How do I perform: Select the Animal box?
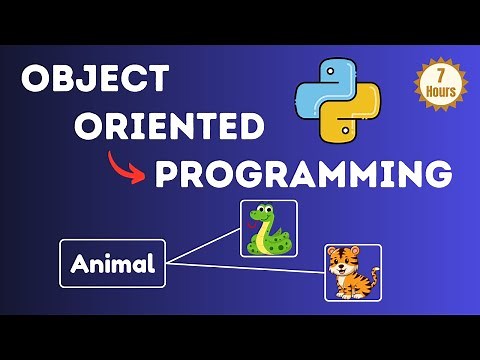tap(112, 264)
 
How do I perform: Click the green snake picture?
tap(267, 230)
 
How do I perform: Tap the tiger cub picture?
tap(352, 271)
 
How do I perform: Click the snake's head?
tap(263, 213)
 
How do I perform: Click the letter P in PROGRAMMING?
tap(166, 175)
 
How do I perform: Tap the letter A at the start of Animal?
tap(79, 265)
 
